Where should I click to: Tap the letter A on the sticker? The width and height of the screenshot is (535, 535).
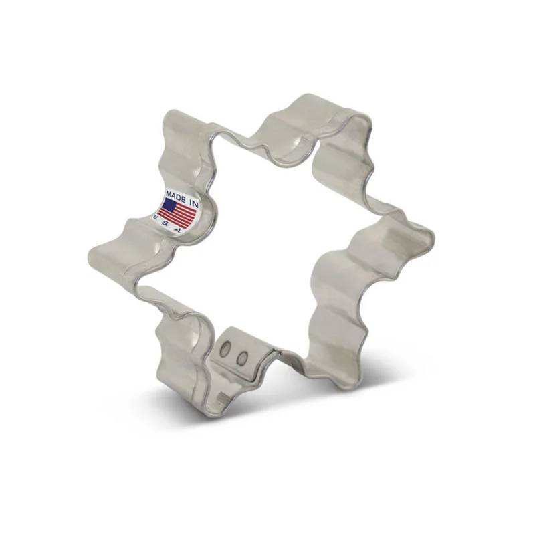click(177, 230)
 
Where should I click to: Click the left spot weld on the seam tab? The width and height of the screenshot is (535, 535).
click(225, 349)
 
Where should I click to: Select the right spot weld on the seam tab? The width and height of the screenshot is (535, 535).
click(243, 358)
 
